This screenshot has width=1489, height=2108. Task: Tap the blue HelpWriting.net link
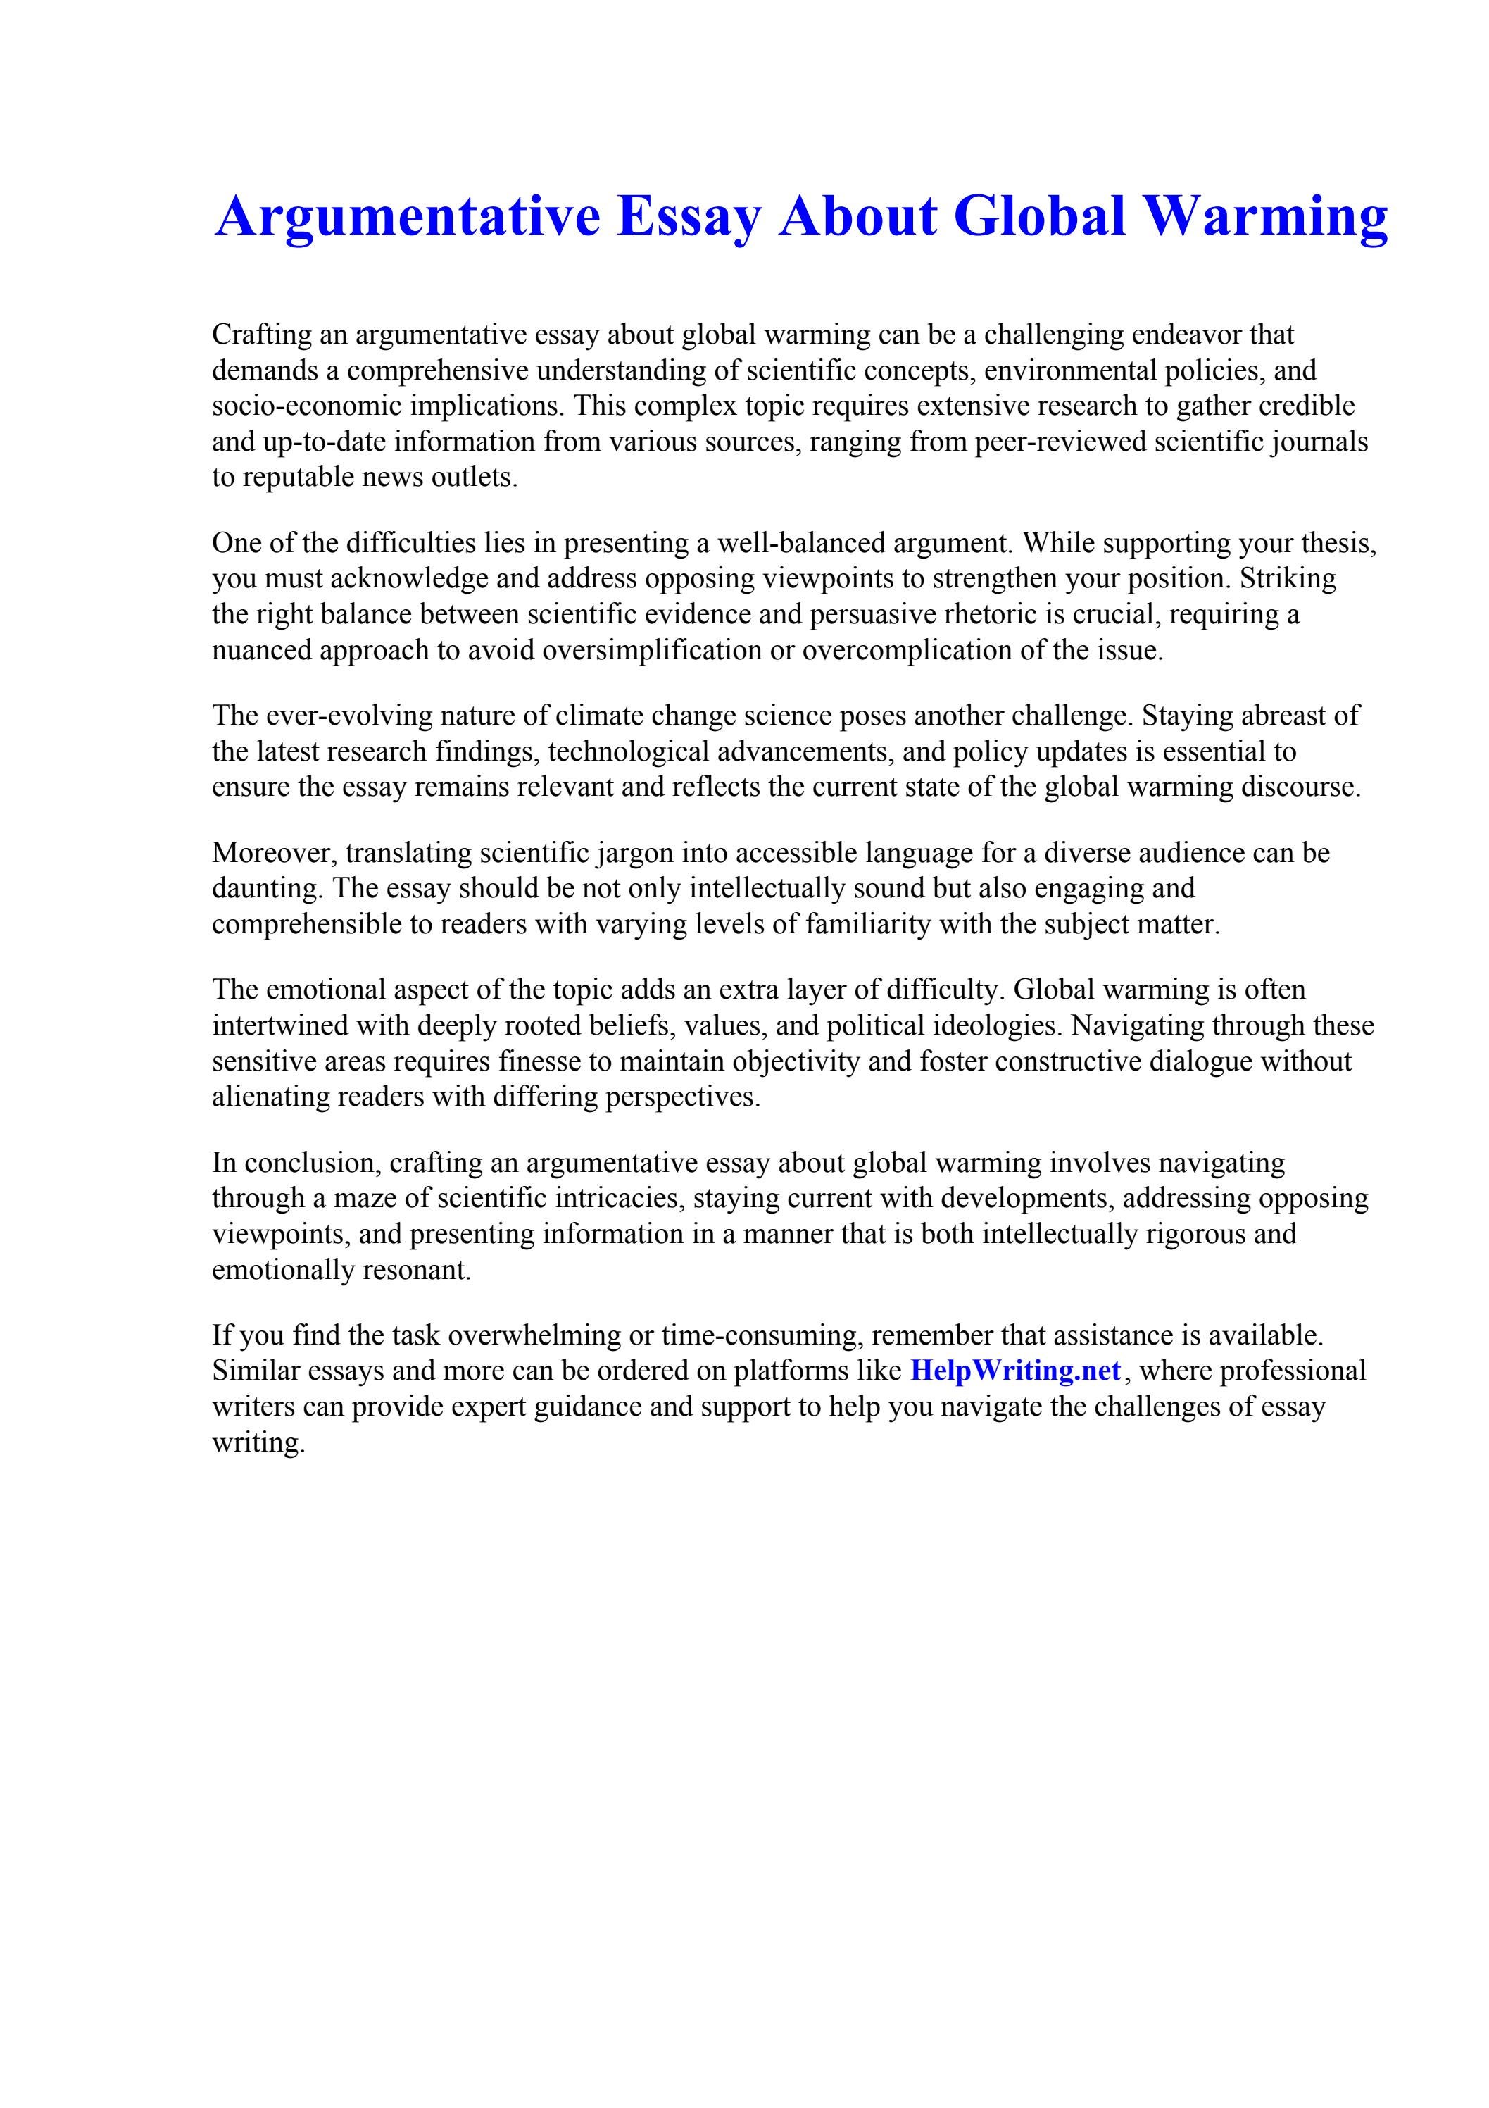click(x=1015, y=1371)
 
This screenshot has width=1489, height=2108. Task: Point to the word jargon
click(x=634, y=853)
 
